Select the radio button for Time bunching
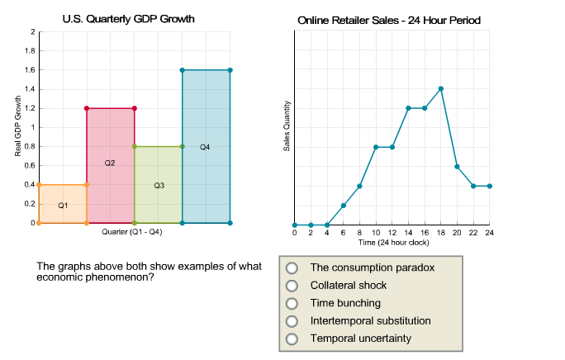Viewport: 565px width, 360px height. pos(291,303)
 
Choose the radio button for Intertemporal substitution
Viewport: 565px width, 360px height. pos(291,320)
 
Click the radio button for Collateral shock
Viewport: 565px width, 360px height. pos(291,285)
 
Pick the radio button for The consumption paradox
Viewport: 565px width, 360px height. pos(291,268)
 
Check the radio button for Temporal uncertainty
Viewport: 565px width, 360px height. pos(291,339)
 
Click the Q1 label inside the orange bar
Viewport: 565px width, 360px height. pos(63,205)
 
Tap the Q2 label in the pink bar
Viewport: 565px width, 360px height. pos(110,163)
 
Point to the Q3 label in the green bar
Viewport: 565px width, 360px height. pos(159,186)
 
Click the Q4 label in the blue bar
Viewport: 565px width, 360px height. pos(205,147)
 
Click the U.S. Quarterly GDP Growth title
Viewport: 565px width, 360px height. pos(129,19)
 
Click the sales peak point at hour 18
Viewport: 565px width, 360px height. pos(441,88)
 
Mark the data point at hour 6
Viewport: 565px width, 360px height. pos(344,205)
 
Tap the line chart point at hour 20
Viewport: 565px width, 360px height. pos(457,167)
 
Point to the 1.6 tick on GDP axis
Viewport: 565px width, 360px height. pos(30,70)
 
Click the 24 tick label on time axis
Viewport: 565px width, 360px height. pos(489,234)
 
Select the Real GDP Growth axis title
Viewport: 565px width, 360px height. pos(17,127)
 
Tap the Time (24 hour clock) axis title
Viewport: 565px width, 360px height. pos(392,243)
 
